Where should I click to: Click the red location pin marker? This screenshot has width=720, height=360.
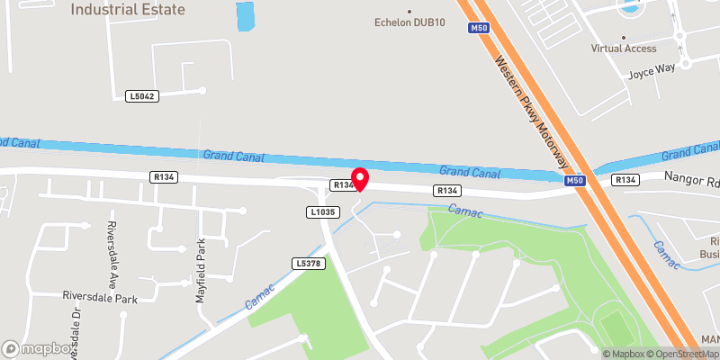(360, 178)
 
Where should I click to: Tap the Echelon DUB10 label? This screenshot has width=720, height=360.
(410, 22)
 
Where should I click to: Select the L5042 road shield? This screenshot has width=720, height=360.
(143, 95)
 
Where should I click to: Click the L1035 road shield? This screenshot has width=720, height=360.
(321, 212)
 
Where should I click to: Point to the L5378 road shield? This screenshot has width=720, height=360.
(307, 263)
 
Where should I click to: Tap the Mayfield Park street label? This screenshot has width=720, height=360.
(202, 269)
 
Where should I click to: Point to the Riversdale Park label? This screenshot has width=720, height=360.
(98, 295)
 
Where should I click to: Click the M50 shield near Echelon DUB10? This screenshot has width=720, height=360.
(479, 29)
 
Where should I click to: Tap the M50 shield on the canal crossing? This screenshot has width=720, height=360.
(578, 181)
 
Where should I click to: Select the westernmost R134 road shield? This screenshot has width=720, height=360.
(164, 177)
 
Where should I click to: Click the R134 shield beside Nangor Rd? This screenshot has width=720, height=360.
(625, 181)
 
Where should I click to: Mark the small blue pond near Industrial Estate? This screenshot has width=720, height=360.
(245, 16)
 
